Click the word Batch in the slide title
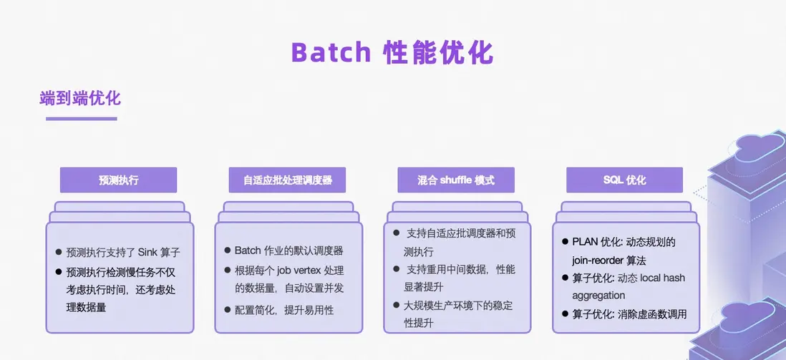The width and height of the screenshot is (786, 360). click(x=331, y=52)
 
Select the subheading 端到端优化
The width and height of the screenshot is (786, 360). click(x=80, y=98)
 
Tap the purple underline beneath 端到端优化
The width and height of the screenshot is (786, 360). click(x=81, y=119)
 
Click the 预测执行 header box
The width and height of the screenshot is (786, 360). click(x=118, y=180)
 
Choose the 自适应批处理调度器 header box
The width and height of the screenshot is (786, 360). click(x=287, y=180)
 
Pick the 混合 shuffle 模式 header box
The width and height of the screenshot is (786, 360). click(x=456, y=180)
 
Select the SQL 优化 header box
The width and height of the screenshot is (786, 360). click(x=625, y=180)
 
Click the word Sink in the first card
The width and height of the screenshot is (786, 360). click(x=148, y=252)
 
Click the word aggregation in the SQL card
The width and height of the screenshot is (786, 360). click(x=598, y=296)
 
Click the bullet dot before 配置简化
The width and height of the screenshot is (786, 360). click(x=228, y=310)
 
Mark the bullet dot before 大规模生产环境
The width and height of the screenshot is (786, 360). click(x=396, y=305)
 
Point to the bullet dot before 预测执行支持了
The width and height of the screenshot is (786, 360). click(x=59, y=252)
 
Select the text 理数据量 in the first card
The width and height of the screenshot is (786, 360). click(x=86, y=307)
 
